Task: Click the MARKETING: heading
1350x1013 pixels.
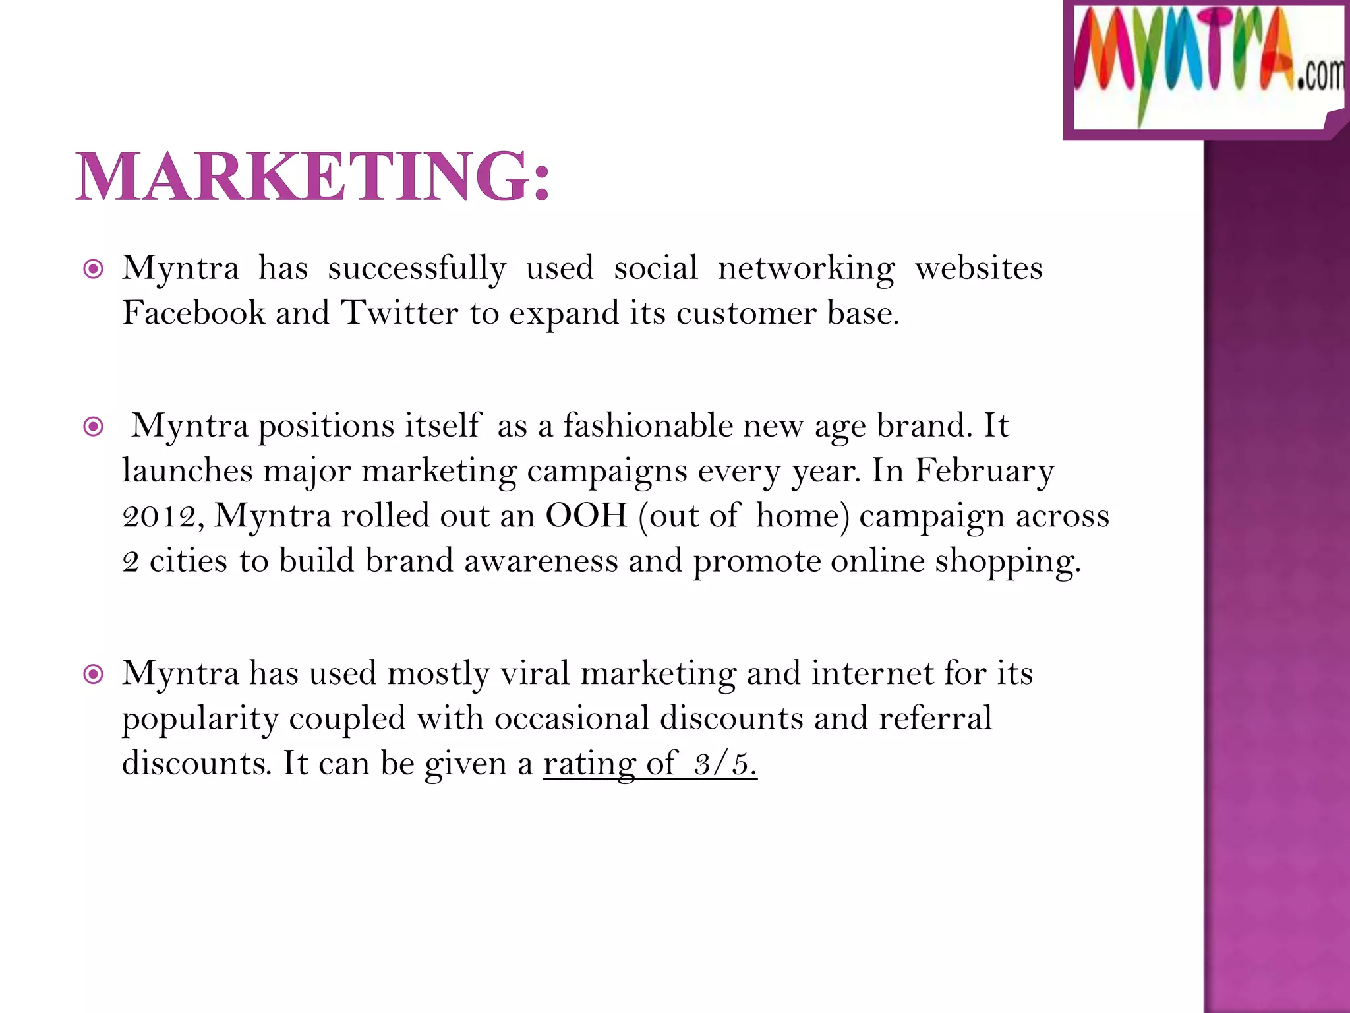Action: tap(312, 177)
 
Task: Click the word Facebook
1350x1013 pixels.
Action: tap(192, 313)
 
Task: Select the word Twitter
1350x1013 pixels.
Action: tap(399, 313)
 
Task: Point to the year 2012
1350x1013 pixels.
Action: tap(159, 516)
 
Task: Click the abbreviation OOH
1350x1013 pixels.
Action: tap(586, 516)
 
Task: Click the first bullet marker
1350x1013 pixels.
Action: tap(94, 269)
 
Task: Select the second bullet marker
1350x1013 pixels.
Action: tap(94, 427)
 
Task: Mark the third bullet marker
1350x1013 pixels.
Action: tap(94, 674)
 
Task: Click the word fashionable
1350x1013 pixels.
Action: tap(647, 425)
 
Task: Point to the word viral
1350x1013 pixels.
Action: tap(535, 673)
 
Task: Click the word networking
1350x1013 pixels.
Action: tap(806, 269)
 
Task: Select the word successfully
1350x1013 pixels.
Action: tap(417, 269)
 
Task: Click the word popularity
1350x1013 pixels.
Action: tap(200, 720)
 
